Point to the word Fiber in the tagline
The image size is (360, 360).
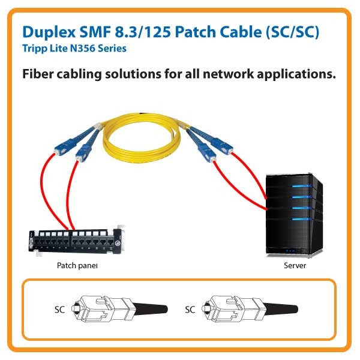point(38,75)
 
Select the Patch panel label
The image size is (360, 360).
point(77,265)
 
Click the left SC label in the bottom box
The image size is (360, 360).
point(59,310)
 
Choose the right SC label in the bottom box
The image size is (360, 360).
point(190,310)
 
